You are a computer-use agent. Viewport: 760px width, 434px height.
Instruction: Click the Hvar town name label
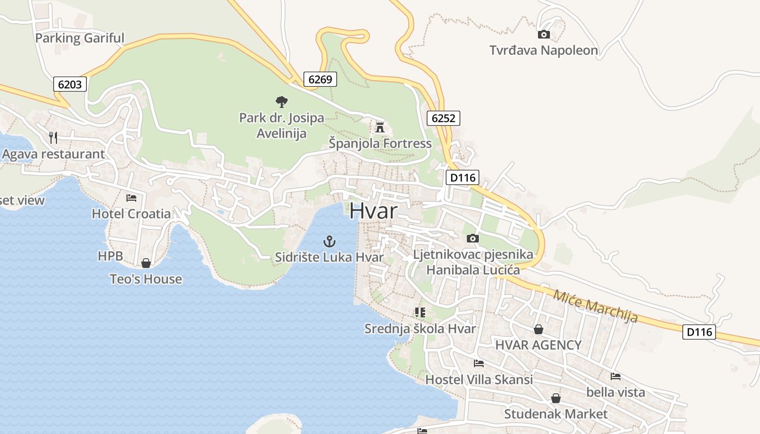[373, 210]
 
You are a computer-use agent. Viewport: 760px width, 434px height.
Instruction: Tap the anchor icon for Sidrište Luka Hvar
[329, 241]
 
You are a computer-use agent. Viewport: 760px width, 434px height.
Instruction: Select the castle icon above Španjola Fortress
[379, 127]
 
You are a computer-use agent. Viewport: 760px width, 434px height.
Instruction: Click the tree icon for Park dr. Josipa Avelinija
[281, 101]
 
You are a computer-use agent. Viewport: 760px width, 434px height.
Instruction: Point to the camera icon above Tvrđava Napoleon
[543, 35]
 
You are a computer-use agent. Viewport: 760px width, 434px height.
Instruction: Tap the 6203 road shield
[71, 84]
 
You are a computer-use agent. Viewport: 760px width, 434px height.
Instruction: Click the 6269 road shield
[320, 79]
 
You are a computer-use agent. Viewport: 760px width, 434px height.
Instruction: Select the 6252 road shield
[443, 118]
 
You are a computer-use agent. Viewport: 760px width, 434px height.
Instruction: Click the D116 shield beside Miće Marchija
[699, 331]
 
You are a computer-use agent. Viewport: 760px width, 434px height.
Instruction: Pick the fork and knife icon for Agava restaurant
[53, 137]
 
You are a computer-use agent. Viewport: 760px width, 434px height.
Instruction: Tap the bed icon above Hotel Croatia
[131, 197]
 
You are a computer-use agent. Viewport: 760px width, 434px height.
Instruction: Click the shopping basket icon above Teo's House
[146, 263]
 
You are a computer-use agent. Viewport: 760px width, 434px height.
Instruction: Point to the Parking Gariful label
[80, 38]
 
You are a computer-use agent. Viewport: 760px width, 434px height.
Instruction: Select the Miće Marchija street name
[595, 307]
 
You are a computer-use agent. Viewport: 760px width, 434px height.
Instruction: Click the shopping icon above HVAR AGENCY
[538, 329]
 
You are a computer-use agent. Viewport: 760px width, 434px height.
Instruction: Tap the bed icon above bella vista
[615, 376]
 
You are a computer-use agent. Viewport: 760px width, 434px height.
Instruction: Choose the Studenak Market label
[556, 414]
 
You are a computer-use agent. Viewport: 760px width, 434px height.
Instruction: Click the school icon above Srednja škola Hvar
[420, 312]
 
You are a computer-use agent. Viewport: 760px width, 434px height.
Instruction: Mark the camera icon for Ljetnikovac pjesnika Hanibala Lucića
[472, 238]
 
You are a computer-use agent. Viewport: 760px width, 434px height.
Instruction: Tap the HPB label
[110, 256]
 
